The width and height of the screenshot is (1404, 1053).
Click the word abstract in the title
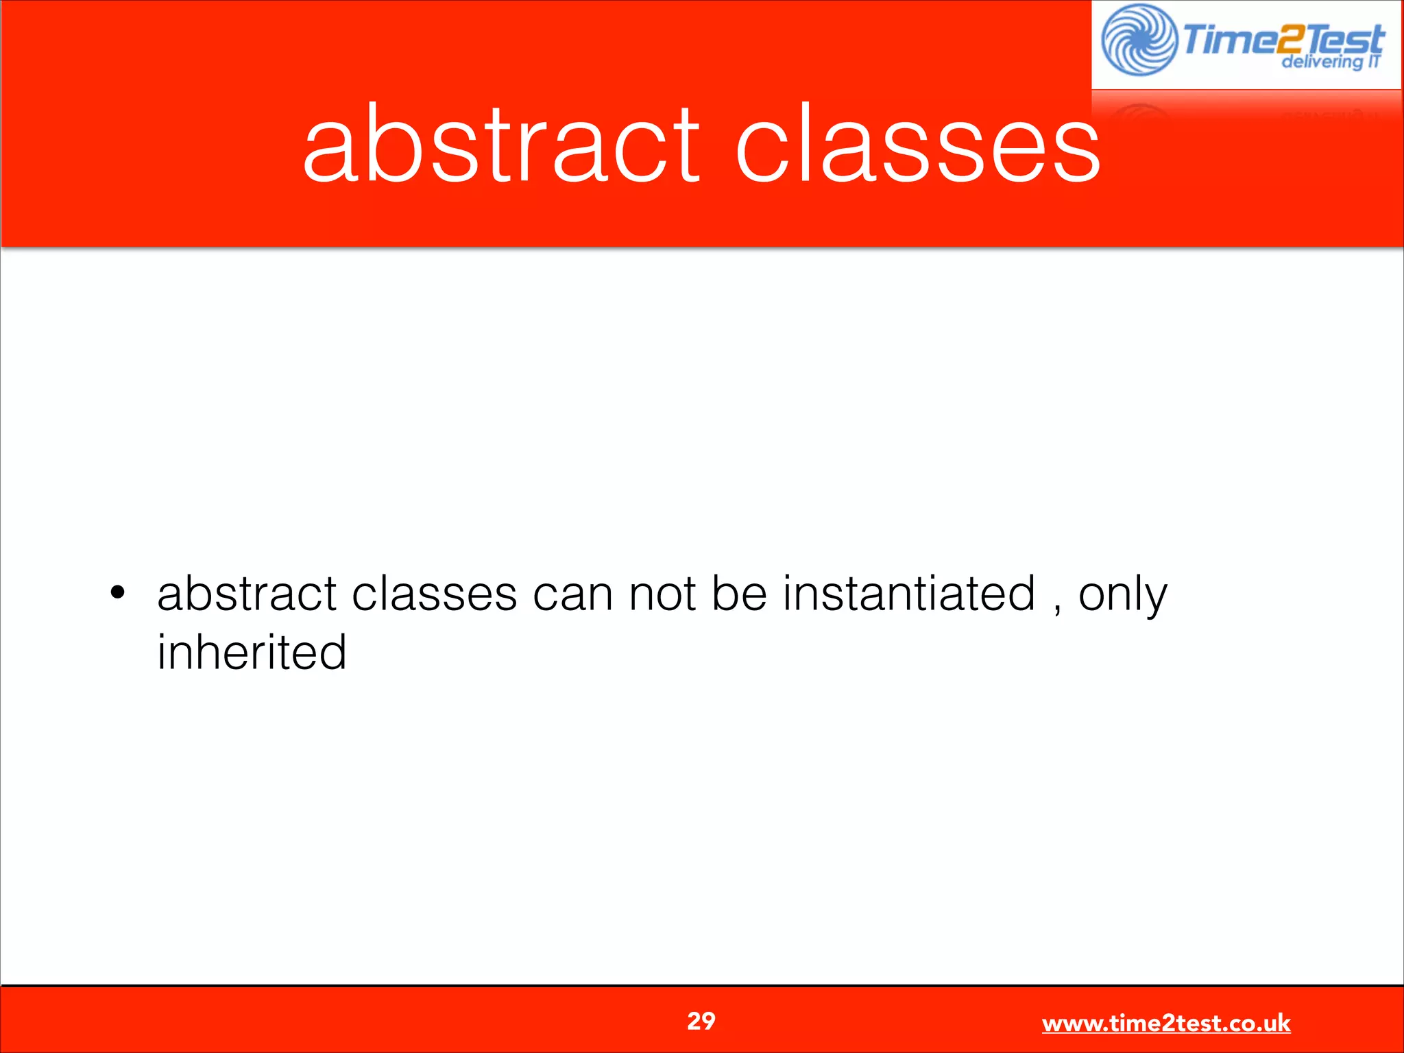500,145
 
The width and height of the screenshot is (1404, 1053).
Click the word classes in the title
917,145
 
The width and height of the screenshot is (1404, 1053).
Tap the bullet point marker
118,592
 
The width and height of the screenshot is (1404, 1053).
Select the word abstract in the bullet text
247,594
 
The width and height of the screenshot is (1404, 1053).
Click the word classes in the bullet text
434,594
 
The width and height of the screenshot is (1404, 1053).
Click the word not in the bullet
663,594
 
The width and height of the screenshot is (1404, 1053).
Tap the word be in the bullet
739,594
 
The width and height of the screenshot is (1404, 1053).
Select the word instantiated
909,594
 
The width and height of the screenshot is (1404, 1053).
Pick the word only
1122,595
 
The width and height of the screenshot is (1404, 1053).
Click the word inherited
252,652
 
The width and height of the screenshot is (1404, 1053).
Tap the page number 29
701,1021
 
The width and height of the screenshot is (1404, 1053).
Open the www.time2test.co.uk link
1166,1024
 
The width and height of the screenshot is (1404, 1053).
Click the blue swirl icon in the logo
1139,40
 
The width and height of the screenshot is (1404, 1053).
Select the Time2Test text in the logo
1282,40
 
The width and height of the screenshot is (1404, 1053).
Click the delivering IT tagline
1330,62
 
